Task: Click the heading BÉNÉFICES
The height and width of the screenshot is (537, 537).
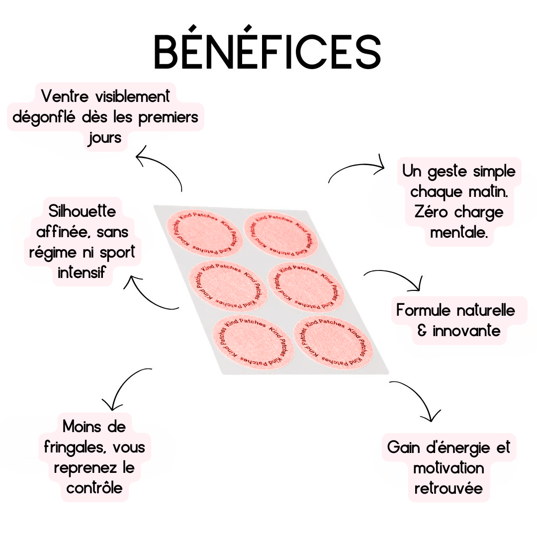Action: [x=267, y=52]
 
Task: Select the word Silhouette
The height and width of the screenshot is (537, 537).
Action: [x=83, y=211]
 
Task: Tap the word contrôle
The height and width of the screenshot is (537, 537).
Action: [x=94, y=488]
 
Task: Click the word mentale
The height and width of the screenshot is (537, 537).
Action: [x=459, y=232]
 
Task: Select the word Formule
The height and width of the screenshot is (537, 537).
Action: [x=424, y=311]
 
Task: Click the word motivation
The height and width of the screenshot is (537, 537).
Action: [x=448, y=468]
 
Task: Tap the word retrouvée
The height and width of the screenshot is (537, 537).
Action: [x=448, y=488]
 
